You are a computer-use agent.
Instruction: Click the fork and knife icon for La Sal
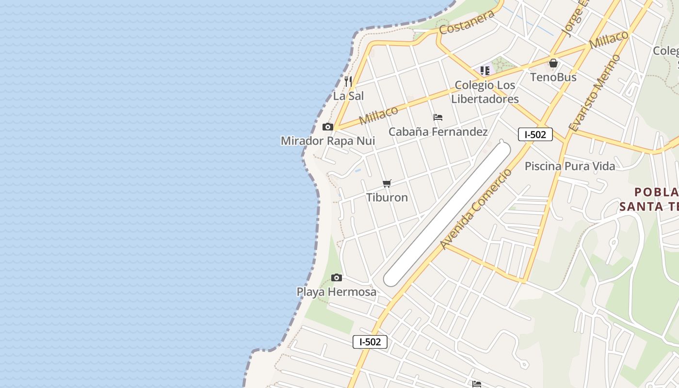(348, 81)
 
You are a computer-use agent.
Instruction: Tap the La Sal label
(348, 96)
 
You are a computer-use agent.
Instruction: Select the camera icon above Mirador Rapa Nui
(328, 127)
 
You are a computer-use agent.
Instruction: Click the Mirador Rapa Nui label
(328, 141)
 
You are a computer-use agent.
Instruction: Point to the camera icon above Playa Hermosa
(337, 278)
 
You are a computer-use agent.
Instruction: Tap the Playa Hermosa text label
(337, 292)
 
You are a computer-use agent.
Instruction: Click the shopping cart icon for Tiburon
(387, 183)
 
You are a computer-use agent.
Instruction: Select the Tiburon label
(387, 197)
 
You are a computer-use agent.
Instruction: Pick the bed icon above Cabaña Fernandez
(438, 117)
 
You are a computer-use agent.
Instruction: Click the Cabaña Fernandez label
(438, 131)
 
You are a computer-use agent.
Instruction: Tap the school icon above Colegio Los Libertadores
(485, 71)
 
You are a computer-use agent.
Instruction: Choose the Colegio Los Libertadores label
(485, 92)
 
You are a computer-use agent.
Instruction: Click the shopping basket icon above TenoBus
(553, 63)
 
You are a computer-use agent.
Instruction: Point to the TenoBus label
(553, 77)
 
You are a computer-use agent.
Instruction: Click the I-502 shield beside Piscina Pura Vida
(535, 134)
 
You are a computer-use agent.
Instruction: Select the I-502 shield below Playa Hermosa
(370, 342)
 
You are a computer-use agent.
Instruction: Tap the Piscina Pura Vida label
(570, 166)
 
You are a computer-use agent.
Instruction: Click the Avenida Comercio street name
(476, 209)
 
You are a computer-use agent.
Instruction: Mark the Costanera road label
(467, 22)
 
